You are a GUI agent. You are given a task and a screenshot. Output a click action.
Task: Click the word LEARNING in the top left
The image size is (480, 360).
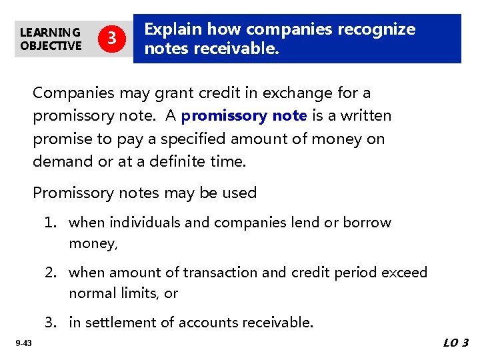(x=50, y=32)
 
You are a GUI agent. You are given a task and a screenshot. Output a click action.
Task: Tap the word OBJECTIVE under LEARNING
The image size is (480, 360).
(x=51, y=45)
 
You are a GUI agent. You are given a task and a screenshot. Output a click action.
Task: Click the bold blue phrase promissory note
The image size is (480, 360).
(x=243, y=116)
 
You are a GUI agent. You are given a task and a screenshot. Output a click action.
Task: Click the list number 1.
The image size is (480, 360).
(x=51, y=222)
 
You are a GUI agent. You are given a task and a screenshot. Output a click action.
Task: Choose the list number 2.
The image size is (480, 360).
(x=51, y=272)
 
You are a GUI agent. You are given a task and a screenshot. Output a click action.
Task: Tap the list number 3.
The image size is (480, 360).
(x=51, y=322)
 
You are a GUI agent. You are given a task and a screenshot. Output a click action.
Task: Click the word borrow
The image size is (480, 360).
(x=367, y=222)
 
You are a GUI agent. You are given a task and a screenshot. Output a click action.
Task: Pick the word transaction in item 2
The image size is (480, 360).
(x=219, y=272)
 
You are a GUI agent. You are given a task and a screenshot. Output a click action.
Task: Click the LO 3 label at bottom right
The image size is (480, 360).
(x=455, y=343)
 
